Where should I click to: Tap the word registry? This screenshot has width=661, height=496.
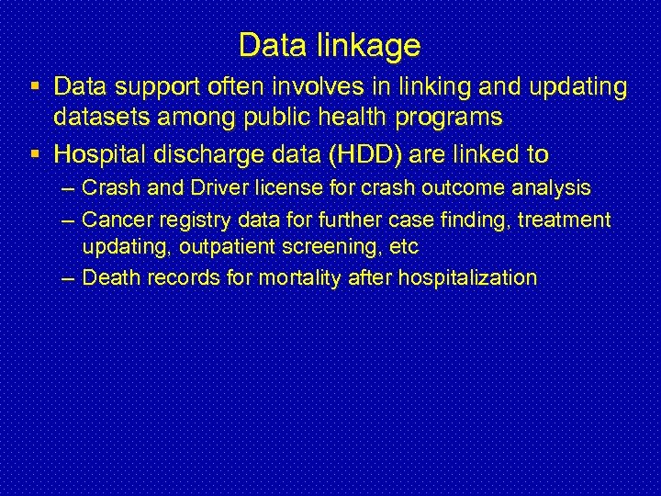(185, 219)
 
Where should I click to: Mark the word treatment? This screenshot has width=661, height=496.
(568, 219)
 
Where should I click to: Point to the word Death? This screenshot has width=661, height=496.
(107, 277)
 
